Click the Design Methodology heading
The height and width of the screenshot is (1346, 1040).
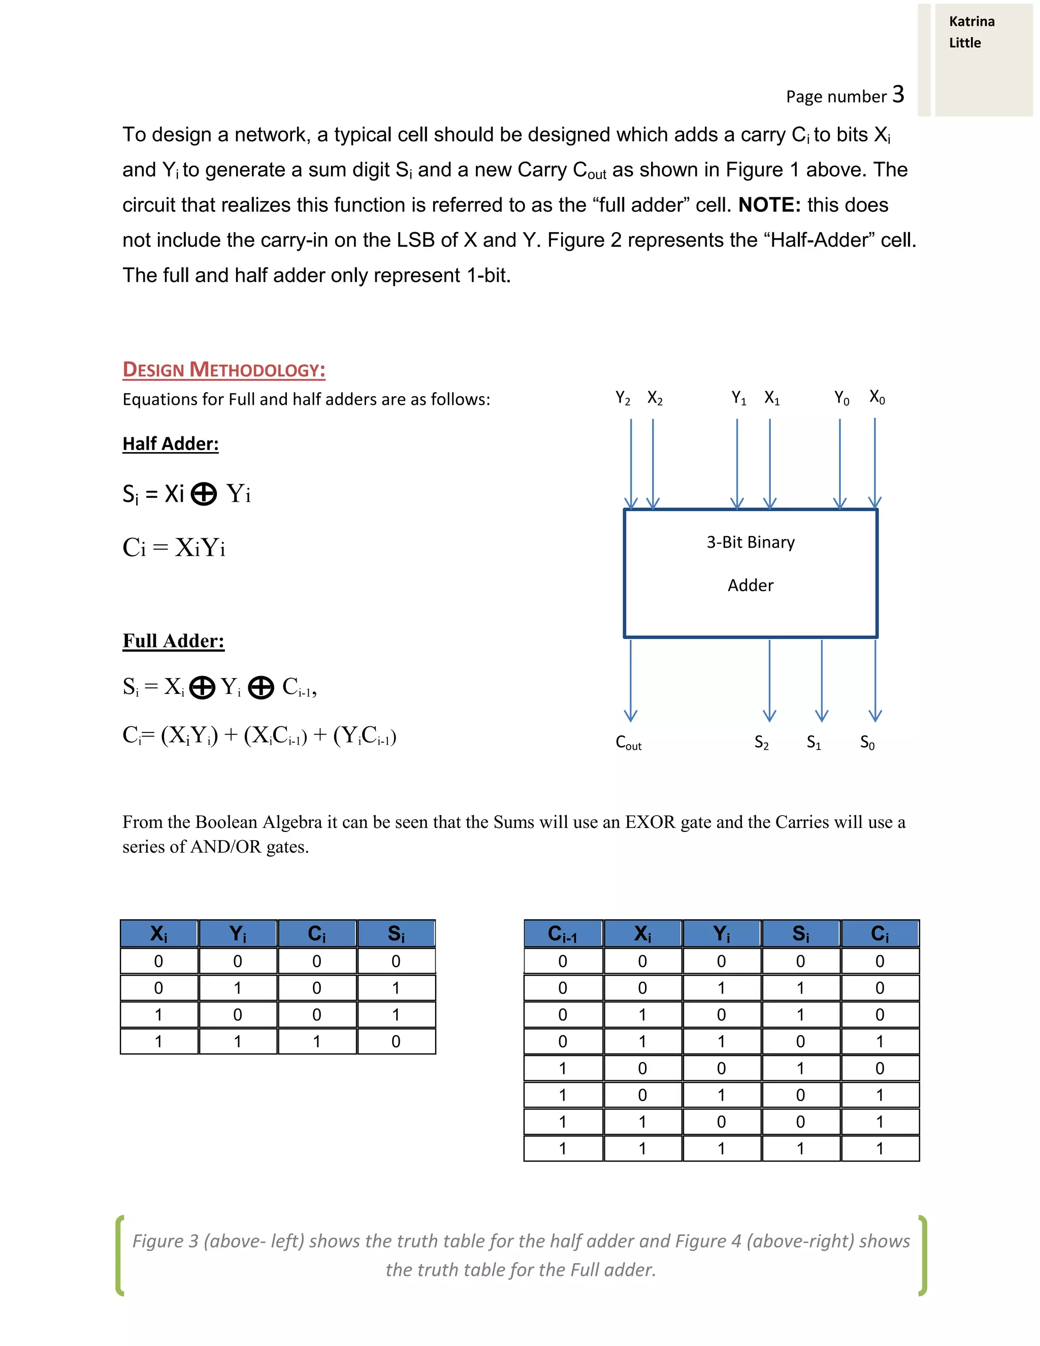[x=223, y=369]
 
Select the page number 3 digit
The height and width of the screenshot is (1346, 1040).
[x=898, y=94]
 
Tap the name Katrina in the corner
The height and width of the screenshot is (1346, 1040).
[x=971, y=21]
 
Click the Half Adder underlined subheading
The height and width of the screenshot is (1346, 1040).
[x=170, y=444]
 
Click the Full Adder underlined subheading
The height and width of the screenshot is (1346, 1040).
[x=173, y=641]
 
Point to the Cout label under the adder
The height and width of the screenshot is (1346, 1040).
[x=629, y=743]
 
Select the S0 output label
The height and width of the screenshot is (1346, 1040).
[x=867, y=743]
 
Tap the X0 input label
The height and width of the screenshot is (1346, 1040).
[x=876, y=398]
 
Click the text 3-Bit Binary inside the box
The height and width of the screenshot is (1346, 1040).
[x=751, y=542]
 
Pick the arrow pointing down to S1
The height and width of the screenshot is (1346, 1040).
[x=821, y=681]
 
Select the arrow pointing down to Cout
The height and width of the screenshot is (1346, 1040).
[x=630, y=681]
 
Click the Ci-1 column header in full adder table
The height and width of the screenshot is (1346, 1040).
[x=563, y=934]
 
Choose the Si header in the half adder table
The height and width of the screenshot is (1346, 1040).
[x=396, y=934]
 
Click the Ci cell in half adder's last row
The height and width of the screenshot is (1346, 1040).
[x=317, y=1042]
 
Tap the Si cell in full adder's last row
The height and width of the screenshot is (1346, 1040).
[x=800, y=1149]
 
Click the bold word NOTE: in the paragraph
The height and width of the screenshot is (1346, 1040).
[x=769, y=205]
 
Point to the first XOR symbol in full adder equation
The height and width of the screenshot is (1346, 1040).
[x=202, y=687]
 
